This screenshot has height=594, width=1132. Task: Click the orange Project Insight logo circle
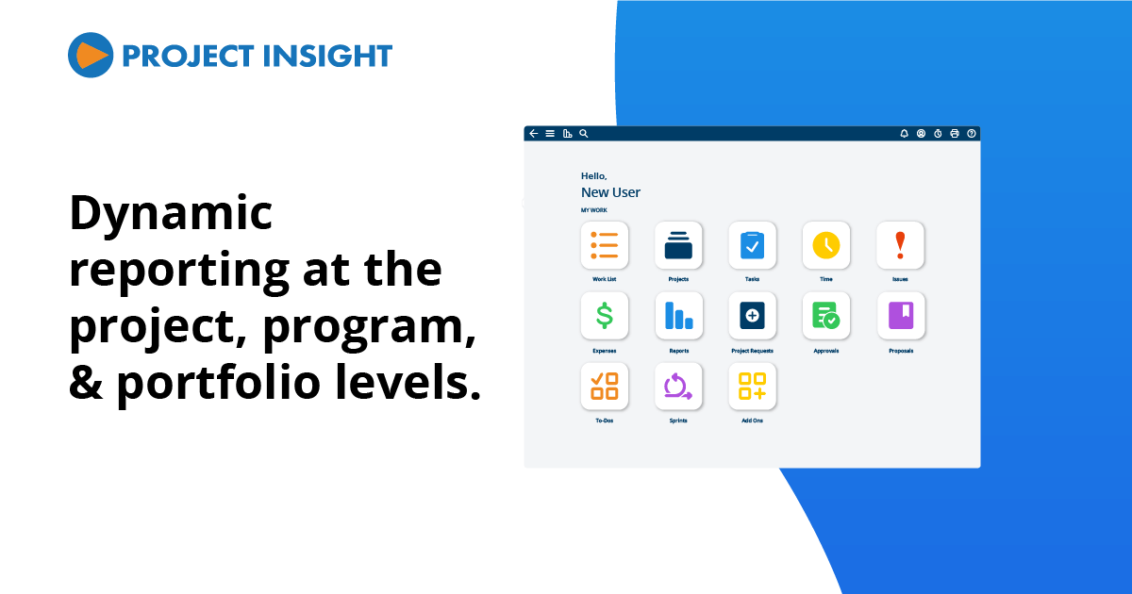[x=91, y=55]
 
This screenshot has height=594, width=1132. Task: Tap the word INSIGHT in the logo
[x=323, y=56]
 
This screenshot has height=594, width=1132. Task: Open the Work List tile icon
[x=605, y=245]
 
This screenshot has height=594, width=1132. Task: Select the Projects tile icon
[x=678, y=245]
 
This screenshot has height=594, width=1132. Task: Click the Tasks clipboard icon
[x=752, y=245]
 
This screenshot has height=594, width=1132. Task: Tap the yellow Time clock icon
[x=826, y=245]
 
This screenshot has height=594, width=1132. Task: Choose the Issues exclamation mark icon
[x=900, y=245]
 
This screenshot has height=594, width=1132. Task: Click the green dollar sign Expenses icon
[x=605, y=316]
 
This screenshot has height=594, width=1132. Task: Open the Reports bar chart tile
[x=678, y=316]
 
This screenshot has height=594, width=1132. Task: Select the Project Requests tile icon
[x=752, y=316]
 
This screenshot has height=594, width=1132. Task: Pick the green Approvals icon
[x=826, y=316]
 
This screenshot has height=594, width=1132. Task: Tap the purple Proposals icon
[x=900, y=316]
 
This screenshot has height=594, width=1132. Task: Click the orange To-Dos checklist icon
[x=605, y=387]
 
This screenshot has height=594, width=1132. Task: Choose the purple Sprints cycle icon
[x=678, y=387]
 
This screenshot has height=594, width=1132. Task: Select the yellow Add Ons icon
[x=752, y=387]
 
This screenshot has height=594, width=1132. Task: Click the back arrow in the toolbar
[x=534, y=134]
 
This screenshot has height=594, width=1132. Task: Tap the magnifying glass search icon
[x=584, y=134]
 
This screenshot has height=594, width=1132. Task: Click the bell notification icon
[x=904, y=134]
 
